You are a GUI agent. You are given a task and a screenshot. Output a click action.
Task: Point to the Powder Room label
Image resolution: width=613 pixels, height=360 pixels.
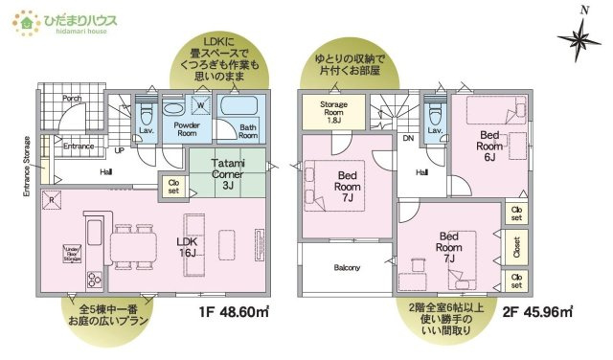click(179, 129)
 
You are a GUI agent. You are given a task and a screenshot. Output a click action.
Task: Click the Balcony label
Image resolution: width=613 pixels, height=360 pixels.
click(347, 267)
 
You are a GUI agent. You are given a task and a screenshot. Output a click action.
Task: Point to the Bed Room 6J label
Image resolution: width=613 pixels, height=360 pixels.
click(489, 147)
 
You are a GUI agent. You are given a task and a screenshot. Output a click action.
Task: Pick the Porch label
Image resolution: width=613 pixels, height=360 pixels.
click(72, 98)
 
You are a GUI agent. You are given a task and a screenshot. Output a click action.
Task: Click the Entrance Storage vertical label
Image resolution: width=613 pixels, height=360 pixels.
click(27, 166)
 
